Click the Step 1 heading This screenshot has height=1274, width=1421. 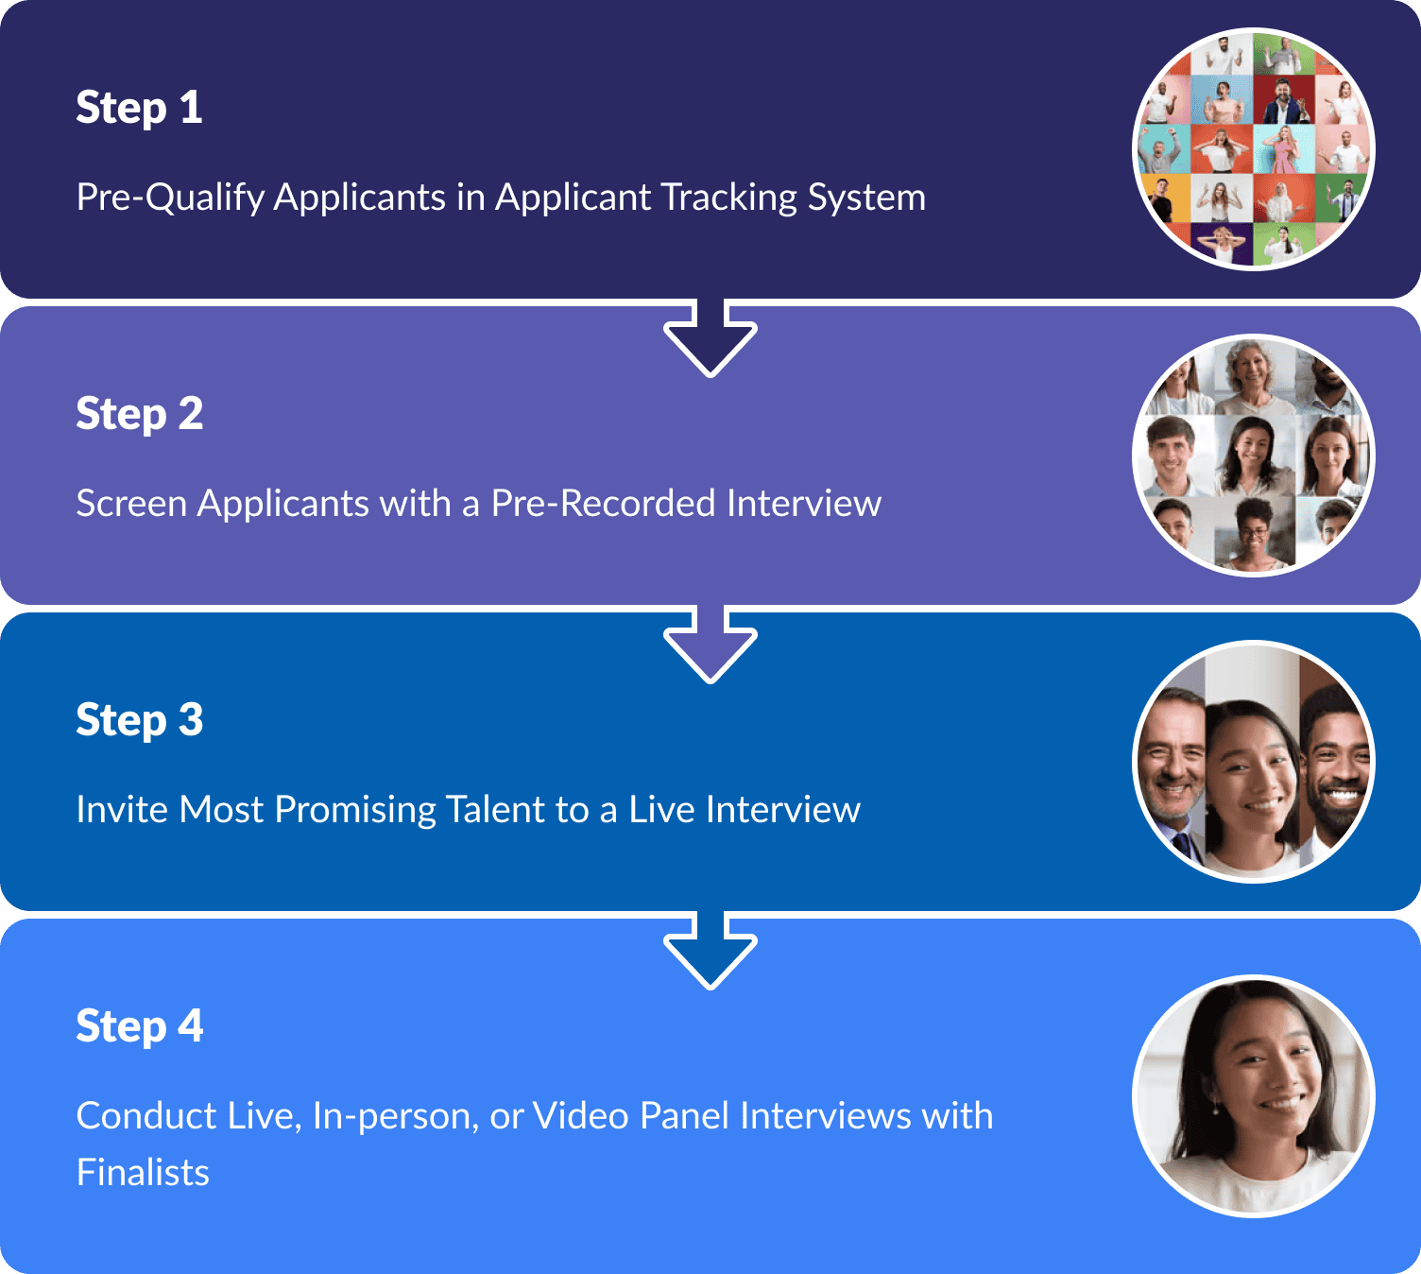pyautogui.click(x=139, y=108)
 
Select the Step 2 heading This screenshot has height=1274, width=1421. pyautogui.click(x=139, y=414)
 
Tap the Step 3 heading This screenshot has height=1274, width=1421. pyautogui.click(x=139, y=720)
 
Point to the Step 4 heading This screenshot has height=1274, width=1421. pyautogui.click(x=139, y=1026)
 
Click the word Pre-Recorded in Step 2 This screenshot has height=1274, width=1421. pyautogui.click(x=603, y=504)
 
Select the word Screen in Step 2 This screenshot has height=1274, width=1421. pyautogui.click(x=131, y=504)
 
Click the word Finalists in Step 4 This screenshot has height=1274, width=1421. pyautogui.click(x=143, y=1173)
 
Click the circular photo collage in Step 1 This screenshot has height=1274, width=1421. pyautogui.click(x=1253, y=149)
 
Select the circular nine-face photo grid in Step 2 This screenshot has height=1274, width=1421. pyautogui.click(x=1253, y=456)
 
